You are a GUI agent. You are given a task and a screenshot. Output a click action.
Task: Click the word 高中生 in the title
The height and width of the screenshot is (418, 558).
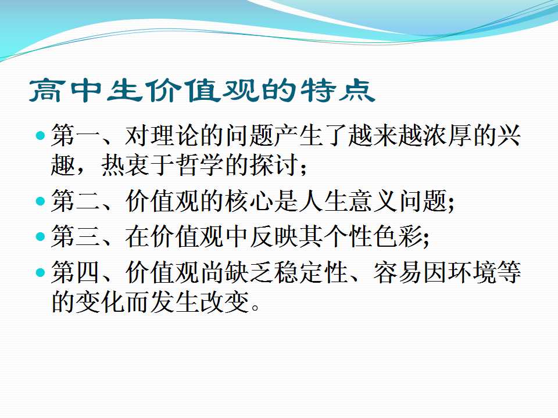[x=84, y=91]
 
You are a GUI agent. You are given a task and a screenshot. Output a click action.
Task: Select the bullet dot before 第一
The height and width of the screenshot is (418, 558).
[x=41, y=135]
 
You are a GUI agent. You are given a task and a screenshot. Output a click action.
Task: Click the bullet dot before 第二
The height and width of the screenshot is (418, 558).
[x=41, y=201]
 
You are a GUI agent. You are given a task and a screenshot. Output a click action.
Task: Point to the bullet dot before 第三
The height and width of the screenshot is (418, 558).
[x=41, y=236]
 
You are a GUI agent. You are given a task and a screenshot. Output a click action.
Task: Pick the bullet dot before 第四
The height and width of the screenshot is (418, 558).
[x=41, y=273]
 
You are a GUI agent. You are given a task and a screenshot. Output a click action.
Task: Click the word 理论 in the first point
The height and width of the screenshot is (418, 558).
[x=175, y=135]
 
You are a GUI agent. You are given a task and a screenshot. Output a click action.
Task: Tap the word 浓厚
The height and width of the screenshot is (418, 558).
[x=448, y=135]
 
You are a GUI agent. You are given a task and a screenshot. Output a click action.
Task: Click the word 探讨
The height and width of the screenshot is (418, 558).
[x=274, y=165]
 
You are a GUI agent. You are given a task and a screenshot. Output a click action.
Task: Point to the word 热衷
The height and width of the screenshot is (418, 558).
[x=126, y=165]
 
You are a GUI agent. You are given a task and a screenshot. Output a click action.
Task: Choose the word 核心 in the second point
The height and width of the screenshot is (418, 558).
[x=249, y=201]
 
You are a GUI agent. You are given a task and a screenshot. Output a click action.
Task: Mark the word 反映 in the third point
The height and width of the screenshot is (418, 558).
[x=274, y=236]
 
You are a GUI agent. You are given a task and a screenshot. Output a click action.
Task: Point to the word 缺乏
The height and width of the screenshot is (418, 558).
[x=249, y=273]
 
